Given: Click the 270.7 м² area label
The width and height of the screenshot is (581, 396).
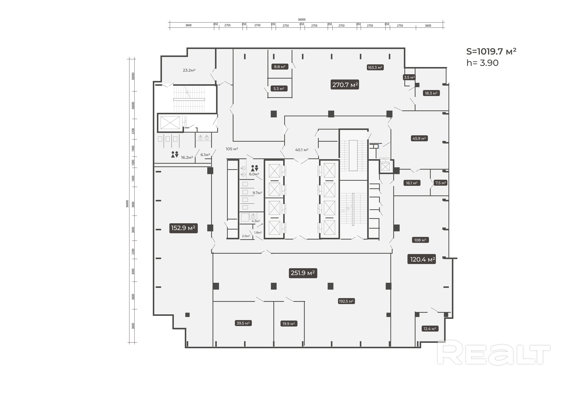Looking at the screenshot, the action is (x=345, y=85).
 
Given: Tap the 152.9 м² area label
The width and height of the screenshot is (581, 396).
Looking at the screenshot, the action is (x=183, y=228).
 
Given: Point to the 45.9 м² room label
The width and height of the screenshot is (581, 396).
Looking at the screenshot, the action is (x=419, y=138).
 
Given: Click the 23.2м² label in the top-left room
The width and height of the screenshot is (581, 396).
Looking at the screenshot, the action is (x=189, y=70).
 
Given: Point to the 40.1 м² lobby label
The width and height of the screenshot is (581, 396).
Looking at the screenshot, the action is (x=302, y=150).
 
